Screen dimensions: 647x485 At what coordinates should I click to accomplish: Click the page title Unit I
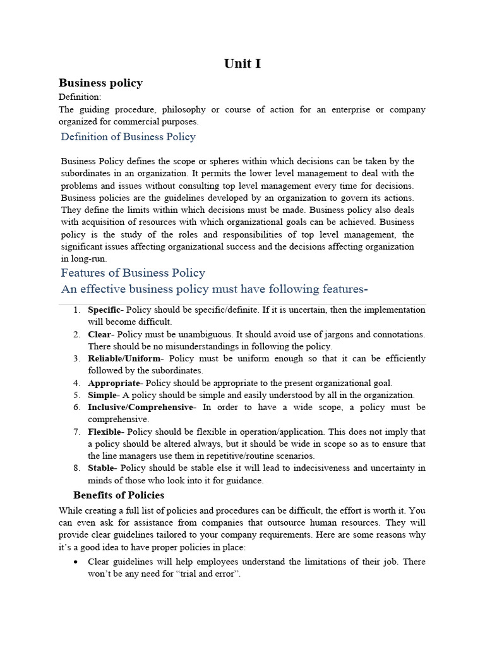tap(242, 64)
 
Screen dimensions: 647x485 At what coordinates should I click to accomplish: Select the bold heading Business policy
tap(100, 83)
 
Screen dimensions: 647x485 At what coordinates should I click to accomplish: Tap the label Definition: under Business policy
tap(80, 97)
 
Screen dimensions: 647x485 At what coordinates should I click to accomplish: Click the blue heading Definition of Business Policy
tap(128, 136)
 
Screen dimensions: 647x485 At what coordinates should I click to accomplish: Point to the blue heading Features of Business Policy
tap(133, 273)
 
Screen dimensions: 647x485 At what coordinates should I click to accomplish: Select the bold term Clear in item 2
tap(100, 334)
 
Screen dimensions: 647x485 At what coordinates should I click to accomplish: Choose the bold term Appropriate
tap(113, 383)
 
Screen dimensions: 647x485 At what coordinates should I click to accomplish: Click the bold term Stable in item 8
tap(102, 468)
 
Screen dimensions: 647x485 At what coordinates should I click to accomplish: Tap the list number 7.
tap(76, 432)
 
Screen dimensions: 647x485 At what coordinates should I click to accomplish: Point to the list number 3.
tap(76, 359)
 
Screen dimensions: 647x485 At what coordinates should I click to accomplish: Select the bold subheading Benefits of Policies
tap(119, 495)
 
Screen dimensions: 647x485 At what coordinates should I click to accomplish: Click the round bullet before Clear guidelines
tap(76, 562)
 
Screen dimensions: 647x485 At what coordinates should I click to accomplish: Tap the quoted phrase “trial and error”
tap(209, 574)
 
